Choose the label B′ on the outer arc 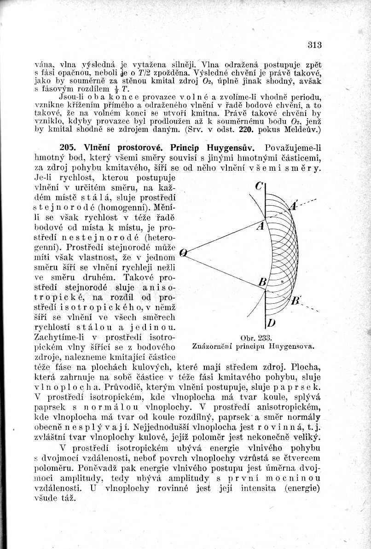tap(296, 301)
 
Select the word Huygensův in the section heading tap(232, 148)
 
